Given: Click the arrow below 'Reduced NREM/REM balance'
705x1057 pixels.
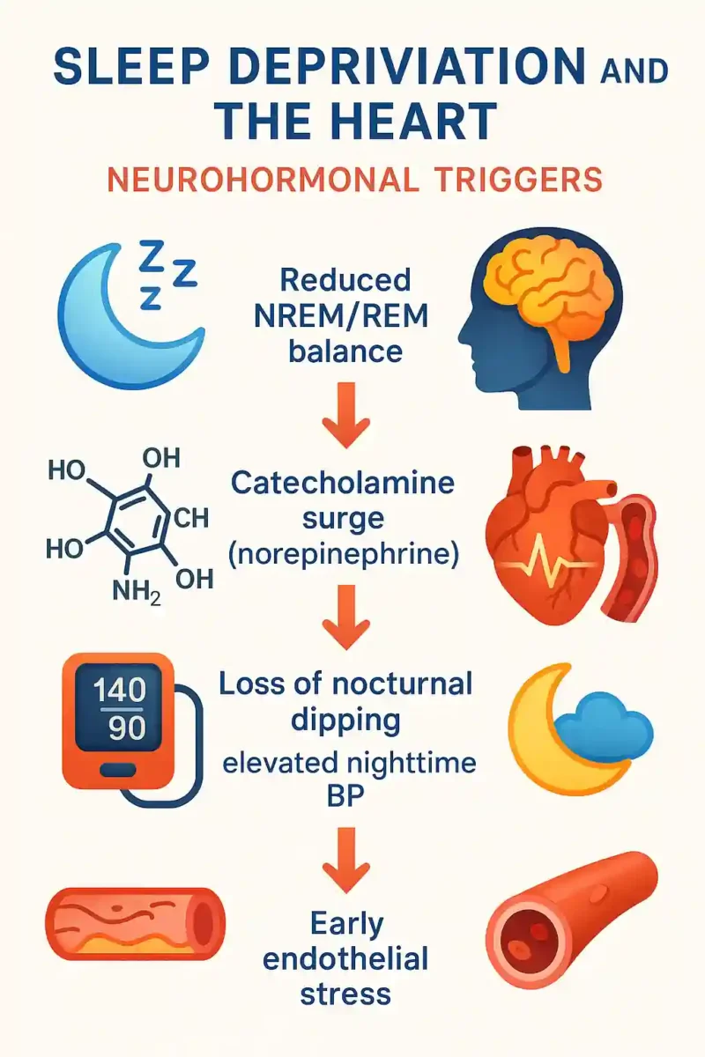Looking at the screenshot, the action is (x=345, y=415).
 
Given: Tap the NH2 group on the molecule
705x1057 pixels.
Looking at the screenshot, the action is (x=137, y=590).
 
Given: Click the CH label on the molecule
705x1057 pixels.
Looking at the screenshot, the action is (x=191, y=518).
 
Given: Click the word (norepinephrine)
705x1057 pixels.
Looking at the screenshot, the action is (x=344, y=556).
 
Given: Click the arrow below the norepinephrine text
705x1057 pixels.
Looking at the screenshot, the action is (x=345, y=617).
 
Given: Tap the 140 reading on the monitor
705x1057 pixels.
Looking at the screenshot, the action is (x=120, y=690).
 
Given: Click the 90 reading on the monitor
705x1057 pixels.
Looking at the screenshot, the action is (x=127, y=728).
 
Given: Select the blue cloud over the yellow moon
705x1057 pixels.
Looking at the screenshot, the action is (x=605, y=726).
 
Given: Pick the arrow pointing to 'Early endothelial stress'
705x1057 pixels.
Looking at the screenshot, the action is (x=345, y=861).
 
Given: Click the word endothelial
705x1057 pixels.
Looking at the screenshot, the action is (x=345, y=959).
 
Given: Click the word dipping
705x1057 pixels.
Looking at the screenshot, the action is (x=345, y=722).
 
